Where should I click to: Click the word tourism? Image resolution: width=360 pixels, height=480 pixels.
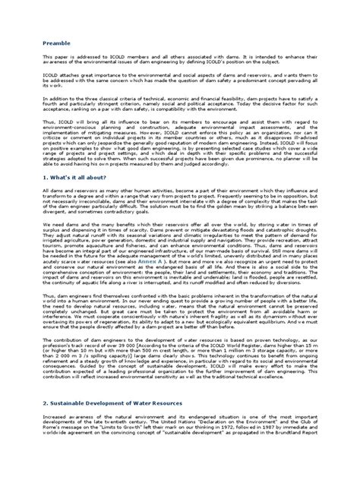click(55, 262)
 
